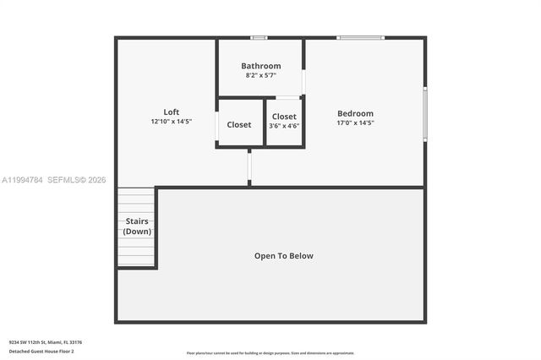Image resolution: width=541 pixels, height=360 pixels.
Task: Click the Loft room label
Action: click(172, 112)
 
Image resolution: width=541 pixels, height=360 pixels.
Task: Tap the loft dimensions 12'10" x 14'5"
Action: click(172, 122)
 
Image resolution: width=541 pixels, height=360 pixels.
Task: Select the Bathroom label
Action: click(260, 66)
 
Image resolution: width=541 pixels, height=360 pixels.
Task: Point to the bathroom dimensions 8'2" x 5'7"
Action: click(260, 75)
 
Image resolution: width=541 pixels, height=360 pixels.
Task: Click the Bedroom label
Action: click(355, 113)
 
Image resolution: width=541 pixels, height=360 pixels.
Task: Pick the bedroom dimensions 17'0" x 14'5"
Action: click(355, 123)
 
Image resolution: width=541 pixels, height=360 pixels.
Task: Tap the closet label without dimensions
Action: click(239, 125)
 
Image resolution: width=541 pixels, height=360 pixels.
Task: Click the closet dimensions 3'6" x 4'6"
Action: click(284, 126)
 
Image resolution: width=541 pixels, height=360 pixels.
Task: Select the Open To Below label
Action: click(284, 255)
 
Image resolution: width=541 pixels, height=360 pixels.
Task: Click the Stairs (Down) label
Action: click(137, 226)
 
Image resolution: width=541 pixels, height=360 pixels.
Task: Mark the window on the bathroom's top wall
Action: click(259, 37)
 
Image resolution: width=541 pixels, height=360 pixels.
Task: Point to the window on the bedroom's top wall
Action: click(360, 37)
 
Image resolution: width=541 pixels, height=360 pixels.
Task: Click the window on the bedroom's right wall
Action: click(425, 113)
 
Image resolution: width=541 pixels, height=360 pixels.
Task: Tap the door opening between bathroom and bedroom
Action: click(303, 81)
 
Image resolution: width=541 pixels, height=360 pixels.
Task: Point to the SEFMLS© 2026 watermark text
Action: click(76, 180)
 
